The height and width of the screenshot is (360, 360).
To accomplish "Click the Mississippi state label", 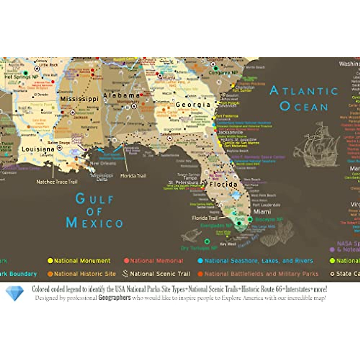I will [79, 99].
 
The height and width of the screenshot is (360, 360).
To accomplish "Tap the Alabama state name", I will [121, 95].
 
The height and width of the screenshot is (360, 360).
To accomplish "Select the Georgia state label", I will [193, 105].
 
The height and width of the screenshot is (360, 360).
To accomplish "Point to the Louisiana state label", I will [38, 149].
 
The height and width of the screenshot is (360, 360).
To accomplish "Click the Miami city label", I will [262, 212].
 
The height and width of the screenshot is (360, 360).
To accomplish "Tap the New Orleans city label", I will [103, 163].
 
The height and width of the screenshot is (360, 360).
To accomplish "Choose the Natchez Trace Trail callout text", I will [57, 182].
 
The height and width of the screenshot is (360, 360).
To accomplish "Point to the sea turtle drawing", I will [191, 235].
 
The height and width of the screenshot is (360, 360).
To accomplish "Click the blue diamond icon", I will [15, 293].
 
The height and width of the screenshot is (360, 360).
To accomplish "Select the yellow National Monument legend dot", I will [50, 261].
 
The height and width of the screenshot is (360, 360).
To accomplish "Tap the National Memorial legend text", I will [156, 261].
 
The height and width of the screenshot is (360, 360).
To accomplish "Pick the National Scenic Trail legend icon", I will [125, 274].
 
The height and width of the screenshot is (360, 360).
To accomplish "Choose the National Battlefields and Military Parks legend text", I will [261, 274].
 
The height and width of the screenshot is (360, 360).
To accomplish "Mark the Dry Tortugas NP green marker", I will [207, 241].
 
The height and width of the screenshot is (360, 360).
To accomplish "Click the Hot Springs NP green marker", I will [26, 73].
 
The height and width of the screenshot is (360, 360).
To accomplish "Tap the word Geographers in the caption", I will [114, 298].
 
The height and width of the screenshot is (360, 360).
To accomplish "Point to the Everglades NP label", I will [216, 226].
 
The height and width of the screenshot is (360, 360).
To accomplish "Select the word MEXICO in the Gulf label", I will [94, 223].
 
